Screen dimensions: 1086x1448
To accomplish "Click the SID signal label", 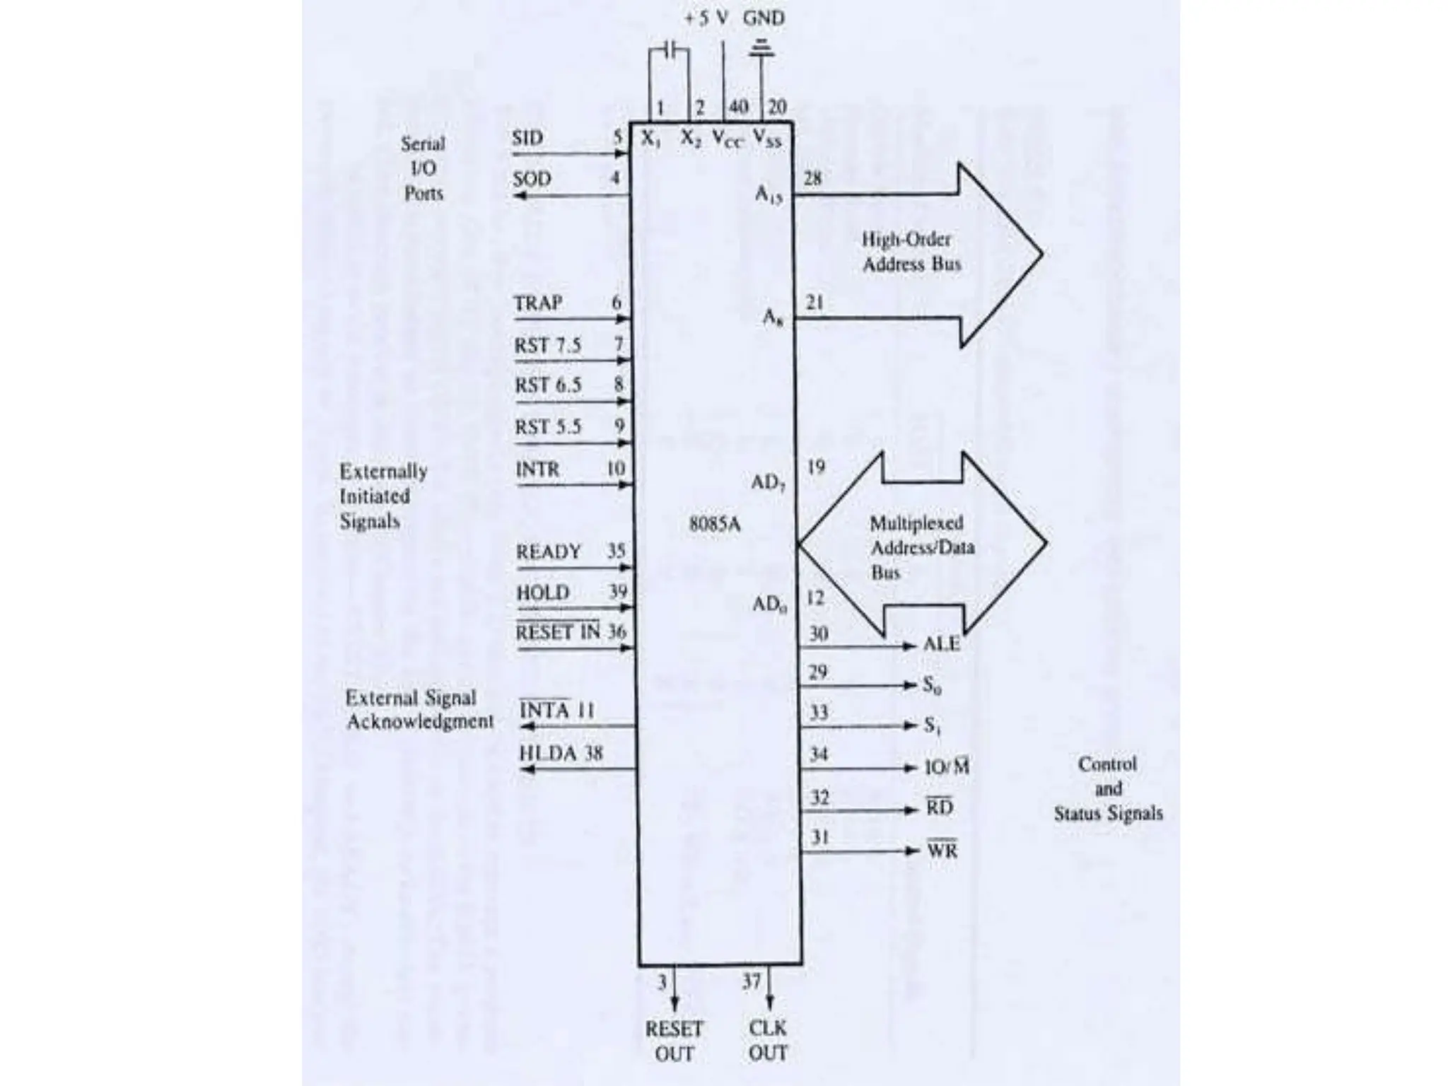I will pos(527,137).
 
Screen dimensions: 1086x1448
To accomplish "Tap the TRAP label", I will pos(537,303).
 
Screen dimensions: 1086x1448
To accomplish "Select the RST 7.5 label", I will pos(547,346).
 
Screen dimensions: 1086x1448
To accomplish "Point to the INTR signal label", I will pos(537,469).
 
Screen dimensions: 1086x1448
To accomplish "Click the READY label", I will pos(548,551).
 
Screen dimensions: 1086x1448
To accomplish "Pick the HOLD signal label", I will pos(542,592).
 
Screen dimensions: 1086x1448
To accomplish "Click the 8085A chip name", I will pos(714,525).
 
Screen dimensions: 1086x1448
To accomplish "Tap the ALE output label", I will pos(942,644).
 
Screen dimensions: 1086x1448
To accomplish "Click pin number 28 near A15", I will pos(812,178).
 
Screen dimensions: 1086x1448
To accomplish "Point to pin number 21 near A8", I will pos(814,303).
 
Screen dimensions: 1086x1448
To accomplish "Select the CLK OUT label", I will pos(768,1040).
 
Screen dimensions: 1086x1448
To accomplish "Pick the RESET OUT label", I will pos(674,1040).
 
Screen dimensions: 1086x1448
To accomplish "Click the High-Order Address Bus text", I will pos(911,252).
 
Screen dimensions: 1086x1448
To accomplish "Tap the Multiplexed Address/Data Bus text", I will pos(921,547).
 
